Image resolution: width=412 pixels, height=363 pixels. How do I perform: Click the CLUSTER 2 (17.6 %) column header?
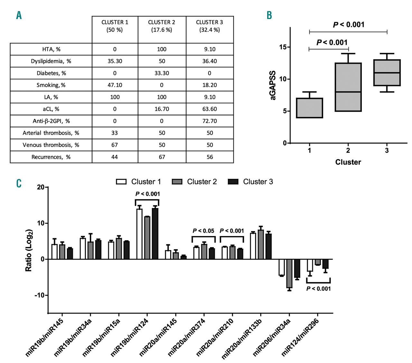(x=162, y=26)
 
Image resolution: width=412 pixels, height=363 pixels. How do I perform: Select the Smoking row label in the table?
(x=51, y=85)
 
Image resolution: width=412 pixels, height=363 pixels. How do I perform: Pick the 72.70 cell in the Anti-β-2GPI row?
(x=210, y=121)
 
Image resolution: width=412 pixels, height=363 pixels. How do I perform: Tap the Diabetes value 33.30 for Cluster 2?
(x=162, y=73)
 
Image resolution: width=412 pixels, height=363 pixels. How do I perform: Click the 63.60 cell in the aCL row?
(x=210, y=109)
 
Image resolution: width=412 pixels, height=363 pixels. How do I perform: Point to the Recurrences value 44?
(x=115, y=157)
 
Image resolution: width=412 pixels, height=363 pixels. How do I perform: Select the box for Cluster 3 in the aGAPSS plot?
(x=387, y=72)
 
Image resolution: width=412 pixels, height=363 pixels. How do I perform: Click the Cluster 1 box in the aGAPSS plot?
(x=309, y=108)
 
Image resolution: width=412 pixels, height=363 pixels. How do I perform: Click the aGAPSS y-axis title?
(x=273, y=85)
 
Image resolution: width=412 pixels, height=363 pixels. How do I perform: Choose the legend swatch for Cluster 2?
(x=177, y=182)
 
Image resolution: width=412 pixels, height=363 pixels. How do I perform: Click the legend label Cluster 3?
(x=258, y=182)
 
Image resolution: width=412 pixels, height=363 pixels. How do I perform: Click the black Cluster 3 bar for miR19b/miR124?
(x=155, y=234)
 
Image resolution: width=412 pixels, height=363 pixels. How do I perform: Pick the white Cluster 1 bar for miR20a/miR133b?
(x=253, y=246)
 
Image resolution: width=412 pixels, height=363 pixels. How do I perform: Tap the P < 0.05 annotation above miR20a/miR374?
(x=203, y=231)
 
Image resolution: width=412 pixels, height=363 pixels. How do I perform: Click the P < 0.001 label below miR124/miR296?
(x=318, y=289)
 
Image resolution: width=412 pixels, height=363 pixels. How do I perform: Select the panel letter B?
(x=269, y=15)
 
